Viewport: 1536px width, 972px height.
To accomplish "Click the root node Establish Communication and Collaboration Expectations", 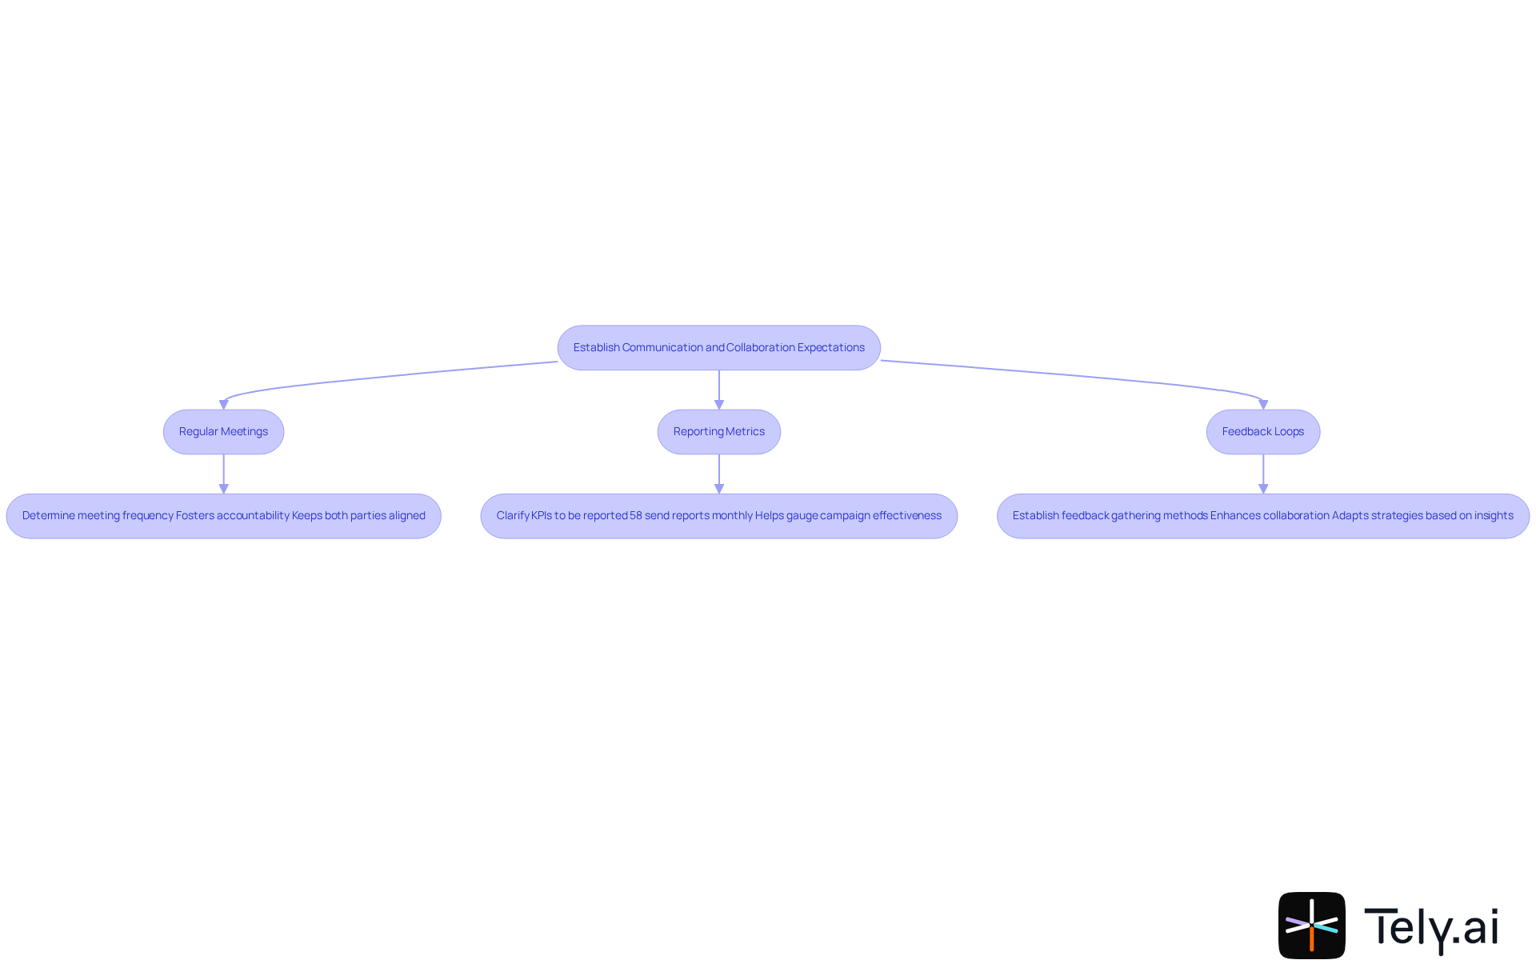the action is [x=718, y=347].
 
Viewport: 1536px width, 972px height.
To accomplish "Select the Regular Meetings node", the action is [x=223, y=432].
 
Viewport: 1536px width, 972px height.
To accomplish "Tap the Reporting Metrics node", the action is [x=718, y=432].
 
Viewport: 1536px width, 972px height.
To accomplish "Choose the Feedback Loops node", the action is [x=1262, y=432].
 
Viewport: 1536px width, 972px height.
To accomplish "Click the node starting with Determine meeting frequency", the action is [x=223, y=516].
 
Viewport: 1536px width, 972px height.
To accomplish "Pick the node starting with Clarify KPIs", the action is [x=718, y=516].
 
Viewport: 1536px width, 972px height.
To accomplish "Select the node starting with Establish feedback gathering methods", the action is [x=1262, y=516].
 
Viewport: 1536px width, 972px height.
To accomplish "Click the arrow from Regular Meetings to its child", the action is [x=223, y=473].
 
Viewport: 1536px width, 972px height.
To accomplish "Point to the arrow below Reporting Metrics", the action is [x=718, y=473].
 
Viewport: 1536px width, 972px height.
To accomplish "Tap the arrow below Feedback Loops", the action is [x=1263, y=473].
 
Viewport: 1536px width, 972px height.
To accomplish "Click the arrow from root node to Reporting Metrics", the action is [x=718, y=389].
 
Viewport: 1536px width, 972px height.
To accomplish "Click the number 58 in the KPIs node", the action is [x=635, y=516].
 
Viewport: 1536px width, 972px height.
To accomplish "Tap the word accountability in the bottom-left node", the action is [x=253, y=516].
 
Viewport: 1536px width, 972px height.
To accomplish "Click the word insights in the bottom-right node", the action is [x=1494, y=516].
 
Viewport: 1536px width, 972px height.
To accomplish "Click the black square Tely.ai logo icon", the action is [x=1311, y=926].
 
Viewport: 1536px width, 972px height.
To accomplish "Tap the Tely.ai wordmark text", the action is [x=1430, y=927].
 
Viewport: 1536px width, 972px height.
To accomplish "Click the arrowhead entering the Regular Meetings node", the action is [x=223, y=405].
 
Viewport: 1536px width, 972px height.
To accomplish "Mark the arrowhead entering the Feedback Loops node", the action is [x=1263, y=405].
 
